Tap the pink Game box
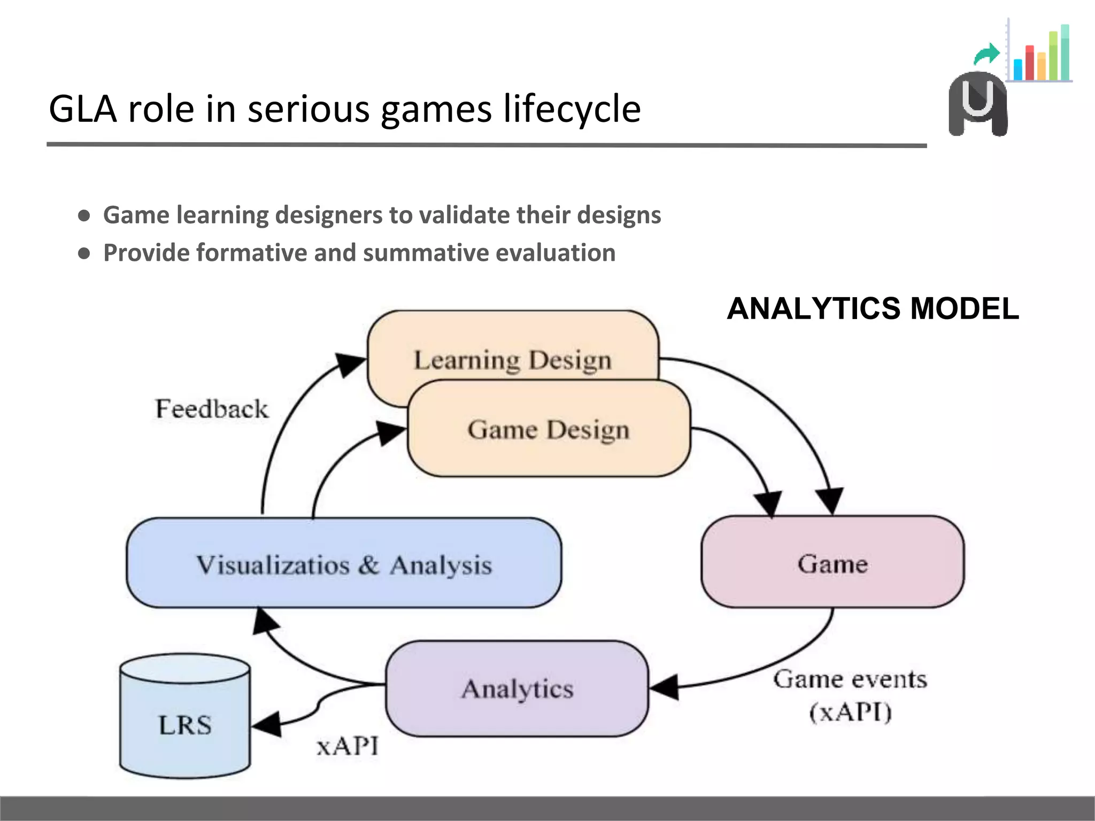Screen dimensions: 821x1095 click(832, 563)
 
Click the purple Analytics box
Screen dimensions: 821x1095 click(517, 688)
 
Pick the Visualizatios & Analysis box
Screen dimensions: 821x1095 click(344, 564)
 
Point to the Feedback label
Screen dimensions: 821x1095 click(212, 409)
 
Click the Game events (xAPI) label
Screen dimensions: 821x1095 click(850, 695)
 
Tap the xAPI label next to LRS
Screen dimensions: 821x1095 click(348, 746)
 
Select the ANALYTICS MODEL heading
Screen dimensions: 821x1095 click(873, 309)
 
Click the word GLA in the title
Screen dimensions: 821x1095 click(83, 109)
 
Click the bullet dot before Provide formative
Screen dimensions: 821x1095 click(84, 253)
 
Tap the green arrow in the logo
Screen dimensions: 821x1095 click(987, 53)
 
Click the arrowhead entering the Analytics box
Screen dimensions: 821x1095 click(664, 687)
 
